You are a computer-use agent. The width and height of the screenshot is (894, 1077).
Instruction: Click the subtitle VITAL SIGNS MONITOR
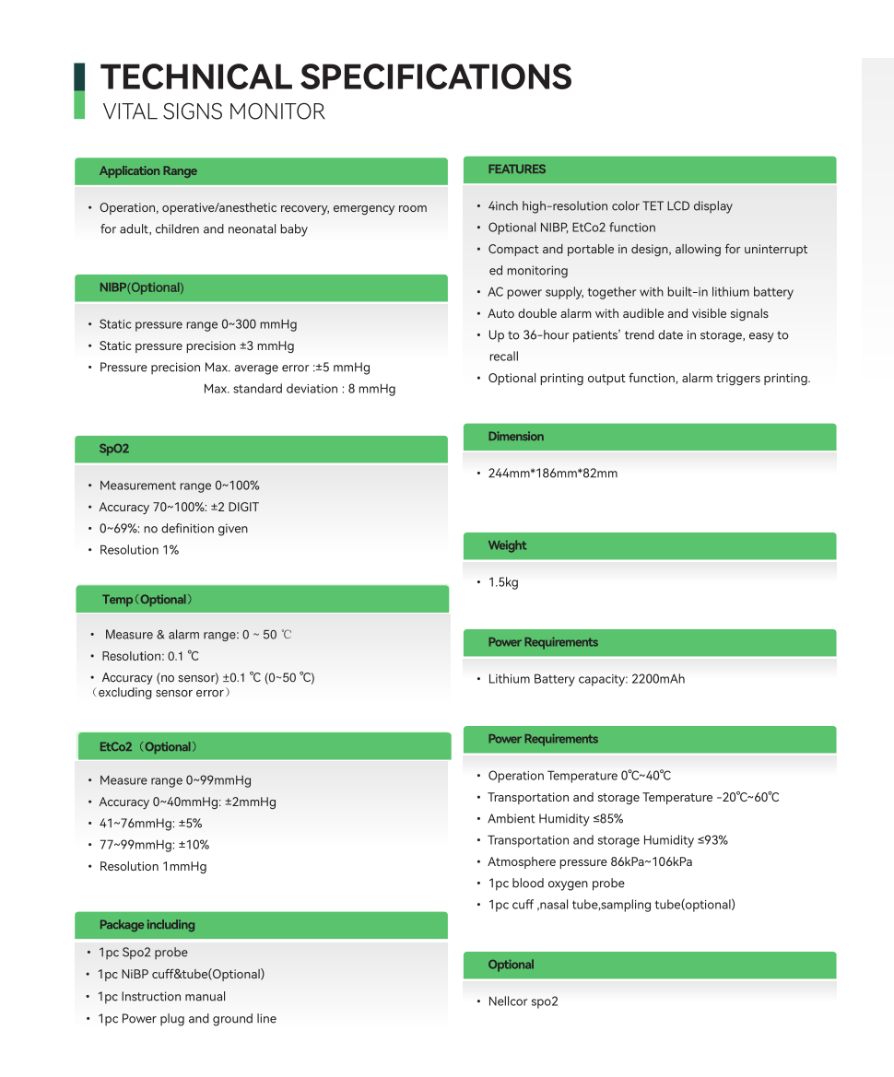tap(214, 112)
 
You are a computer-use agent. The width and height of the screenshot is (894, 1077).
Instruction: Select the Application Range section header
tap(148, 171)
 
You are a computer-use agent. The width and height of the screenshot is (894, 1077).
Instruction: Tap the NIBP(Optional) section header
tap(142, 288)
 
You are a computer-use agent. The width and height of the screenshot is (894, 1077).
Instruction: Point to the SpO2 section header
tap(114, 450)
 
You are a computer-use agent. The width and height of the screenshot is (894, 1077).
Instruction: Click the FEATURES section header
tap(517, 170)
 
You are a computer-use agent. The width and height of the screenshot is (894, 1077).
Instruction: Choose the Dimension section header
tap(516, 437)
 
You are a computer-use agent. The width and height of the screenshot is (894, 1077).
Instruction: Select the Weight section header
tap(508, 545)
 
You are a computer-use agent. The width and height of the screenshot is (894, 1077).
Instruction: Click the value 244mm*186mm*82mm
tap(553, 474)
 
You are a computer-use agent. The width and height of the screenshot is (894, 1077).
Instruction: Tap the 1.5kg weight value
tap(503, 582)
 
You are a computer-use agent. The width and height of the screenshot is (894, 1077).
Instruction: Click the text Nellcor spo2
tap(523, 1001)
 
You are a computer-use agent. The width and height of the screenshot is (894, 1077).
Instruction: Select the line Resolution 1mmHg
tap(153, 866)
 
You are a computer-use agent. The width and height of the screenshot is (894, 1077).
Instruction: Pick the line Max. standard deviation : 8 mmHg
tap(300, 389)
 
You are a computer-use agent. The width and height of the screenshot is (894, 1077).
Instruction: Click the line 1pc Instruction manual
tap(162, 997)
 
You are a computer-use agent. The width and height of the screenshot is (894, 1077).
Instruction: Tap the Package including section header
tap(147, 925)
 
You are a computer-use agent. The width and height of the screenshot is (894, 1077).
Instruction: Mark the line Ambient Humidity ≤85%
tap(556, 819)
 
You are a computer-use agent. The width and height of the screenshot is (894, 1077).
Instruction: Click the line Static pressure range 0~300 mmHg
tap(198, 324)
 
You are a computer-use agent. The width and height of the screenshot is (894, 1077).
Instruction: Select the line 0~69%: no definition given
tap(173, 529)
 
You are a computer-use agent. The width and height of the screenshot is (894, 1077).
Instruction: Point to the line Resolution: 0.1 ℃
tap(150, 656)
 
